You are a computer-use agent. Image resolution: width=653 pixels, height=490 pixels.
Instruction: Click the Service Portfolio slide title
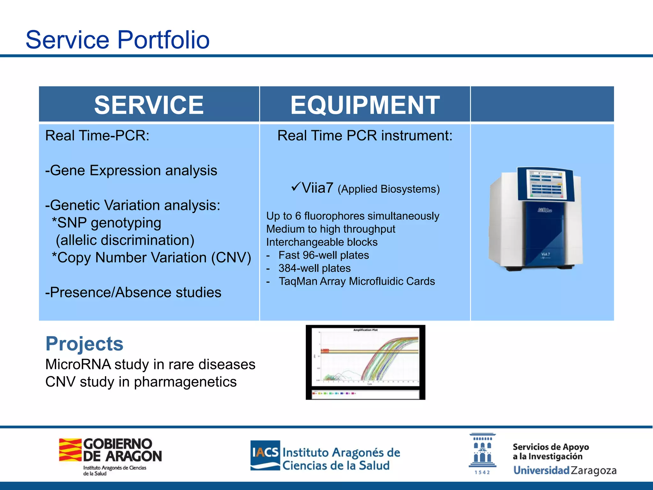(117, 40)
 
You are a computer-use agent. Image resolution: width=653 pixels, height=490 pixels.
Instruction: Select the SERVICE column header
(149, 105)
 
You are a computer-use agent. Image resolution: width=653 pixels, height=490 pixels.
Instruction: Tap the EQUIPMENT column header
(365, 105)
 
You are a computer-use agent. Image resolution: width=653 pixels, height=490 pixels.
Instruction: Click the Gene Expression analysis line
(131, 170)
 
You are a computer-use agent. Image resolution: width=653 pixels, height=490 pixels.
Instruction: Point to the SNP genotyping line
(106, 223)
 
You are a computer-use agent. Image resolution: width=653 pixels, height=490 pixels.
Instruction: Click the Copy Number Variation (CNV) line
(151, 257)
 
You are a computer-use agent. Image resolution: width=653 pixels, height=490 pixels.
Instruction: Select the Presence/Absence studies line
(133, 292)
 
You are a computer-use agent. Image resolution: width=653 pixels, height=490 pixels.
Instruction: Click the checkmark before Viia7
(296, 186)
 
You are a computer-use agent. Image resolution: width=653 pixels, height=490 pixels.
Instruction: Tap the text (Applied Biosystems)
(388, 189)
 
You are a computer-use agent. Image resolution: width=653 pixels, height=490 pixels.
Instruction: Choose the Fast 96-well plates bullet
(323, 255)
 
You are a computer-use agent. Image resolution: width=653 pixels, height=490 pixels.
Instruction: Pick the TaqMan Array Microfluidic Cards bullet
(356, 281)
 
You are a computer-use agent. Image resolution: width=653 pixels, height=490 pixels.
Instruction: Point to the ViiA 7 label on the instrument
(545, 254)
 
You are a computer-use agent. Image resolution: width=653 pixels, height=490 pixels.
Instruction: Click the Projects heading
(84, 344)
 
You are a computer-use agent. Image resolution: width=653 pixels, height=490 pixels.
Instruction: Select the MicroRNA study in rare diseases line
(150, 364)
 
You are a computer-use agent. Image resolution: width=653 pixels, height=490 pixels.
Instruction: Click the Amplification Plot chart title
(365, 330)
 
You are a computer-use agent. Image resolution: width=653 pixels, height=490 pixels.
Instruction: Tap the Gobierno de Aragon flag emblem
(70, 450)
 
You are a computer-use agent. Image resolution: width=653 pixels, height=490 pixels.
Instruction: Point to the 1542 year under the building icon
(482, 472)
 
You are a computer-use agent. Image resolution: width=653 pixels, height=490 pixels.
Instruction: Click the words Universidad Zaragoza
(565, 470)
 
